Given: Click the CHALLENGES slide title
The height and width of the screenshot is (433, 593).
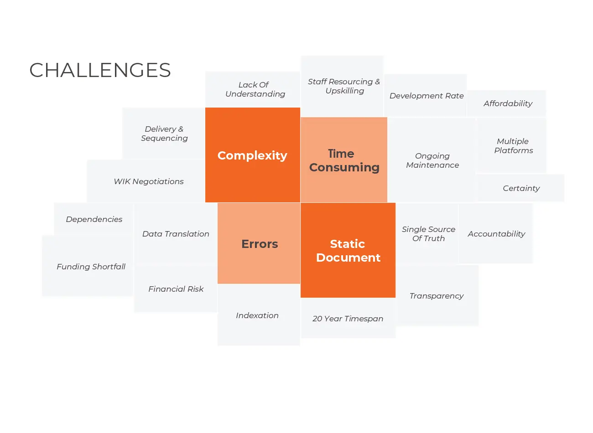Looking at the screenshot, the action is [x=100, y=70].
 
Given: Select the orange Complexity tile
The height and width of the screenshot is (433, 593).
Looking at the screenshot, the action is [x=253, y=155].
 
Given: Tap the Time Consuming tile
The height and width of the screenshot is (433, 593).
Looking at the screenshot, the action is [x=344, y=160].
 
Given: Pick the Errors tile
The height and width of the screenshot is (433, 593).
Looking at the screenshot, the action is [x=259, y=243].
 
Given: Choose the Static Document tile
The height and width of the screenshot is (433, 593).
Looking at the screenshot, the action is [x=348, y=251].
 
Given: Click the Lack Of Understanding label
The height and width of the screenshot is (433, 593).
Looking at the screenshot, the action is [x=255, y=89].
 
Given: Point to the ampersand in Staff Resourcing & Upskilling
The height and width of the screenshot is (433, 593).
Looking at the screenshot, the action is [x=378, y=82].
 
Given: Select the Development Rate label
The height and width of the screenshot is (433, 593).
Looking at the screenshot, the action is [x=427, y=96].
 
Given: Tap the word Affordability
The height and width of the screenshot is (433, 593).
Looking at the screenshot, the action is [x=508, y=103].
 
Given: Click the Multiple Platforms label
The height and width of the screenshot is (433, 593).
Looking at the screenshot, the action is [x=514, y=146].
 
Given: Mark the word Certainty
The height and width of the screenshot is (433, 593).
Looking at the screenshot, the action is [x=521, y=188].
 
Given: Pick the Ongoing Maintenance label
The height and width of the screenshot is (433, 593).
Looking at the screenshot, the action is [x=432, y=160].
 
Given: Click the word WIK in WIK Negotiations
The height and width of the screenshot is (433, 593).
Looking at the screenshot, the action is [x=122, y=181].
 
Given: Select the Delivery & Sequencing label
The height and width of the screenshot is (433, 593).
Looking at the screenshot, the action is [x=164, y=134].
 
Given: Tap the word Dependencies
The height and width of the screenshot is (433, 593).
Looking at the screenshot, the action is [x=94, y=219].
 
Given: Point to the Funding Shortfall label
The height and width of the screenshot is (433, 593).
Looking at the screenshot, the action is [x=91, y=267].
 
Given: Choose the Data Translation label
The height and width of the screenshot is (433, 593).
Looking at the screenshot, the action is [x=176, y=234].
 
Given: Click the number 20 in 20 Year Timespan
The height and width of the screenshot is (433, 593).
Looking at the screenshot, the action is [x=317, y=319].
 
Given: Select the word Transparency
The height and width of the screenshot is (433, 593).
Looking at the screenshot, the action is [x=437, y=296].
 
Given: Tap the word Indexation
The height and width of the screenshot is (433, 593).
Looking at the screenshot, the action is [x=257, y=315].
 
